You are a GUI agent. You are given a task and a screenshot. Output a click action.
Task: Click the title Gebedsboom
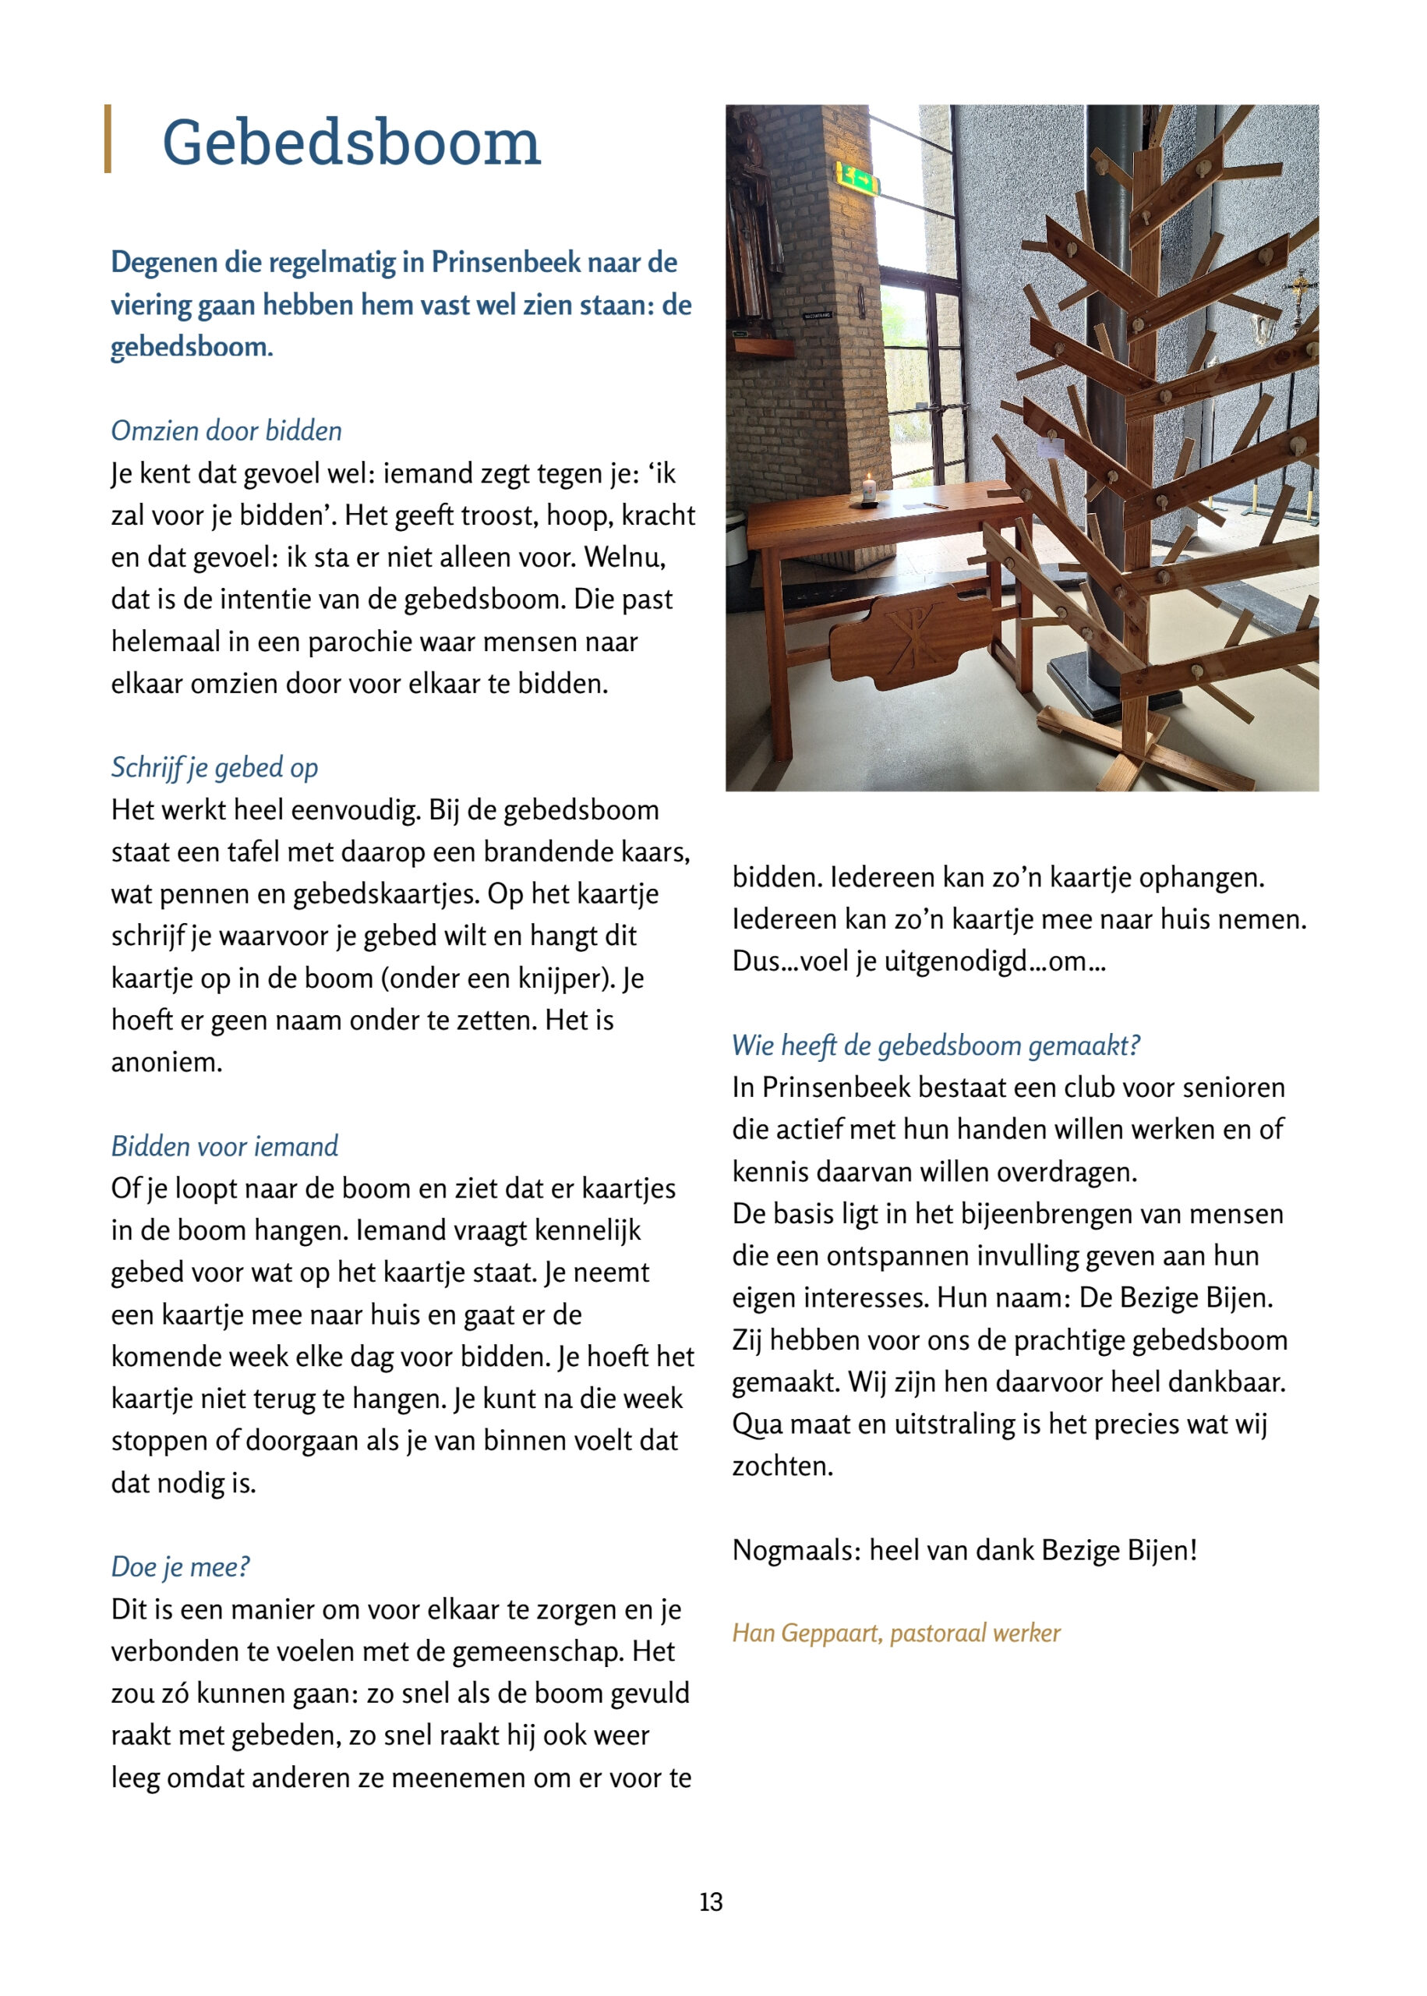coord(351,143)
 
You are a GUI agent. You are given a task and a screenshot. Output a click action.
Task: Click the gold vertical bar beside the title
coord(108,139)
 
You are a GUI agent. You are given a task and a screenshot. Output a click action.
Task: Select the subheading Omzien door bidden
coord(226,430)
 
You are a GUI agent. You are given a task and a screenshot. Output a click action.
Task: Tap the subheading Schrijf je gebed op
coord(214,767)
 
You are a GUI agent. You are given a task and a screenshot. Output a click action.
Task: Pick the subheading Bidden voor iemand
coord(224,1146)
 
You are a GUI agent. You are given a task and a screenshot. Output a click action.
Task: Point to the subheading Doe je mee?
coord(180,1566)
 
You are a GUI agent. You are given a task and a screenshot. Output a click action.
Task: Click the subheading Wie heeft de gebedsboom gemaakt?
coord(936,1045)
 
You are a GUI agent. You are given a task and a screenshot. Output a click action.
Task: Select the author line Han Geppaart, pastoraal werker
coord(896,1633)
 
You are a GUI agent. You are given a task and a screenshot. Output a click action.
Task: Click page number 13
coord(711,1902)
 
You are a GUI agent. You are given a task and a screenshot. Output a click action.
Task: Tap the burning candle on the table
coord(869,489)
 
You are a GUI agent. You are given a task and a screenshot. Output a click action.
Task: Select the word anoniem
coord(166,1063)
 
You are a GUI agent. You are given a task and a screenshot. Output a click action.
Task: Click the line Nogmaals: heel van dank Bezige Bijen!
coord(964,1549)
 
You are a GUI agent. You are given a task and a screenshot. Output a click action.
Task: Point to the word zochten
coord(782,1466)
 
